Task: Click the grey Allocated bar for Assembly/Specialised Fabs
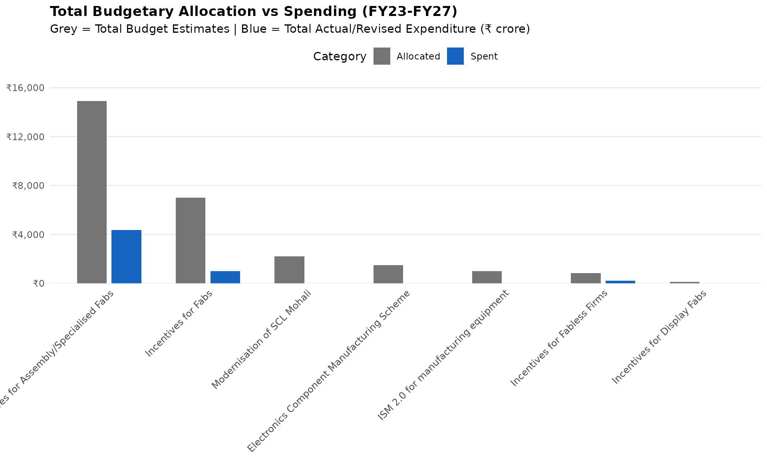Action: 92,192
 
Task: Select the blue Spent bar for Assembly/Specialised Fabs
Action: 126,256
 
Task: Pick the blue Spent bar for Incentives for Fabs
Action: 225,277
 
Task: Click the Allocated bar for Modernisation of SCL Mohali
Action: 289,270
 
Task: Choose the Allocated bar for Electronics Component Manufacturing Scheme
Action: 388,274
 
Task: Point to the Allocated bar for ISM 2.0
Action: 487,277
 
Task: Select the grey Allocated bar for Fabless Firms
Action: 586,278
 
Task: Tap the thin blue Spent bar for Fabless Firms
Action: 620,282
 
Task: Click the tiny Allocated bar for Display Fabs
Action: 684,282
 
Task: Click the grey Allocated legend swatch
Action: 382,56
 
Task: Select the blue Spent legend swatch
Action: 455,56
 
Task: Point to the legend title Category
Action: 340,57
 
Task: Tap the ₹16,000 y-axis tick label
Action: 25,88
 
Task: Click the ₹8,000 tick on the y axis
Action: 28,186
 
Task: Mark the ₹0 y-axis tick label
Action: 38,284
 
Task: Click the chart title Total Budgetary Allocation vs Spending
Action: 254,12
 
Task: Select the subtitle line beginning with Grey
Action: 290,29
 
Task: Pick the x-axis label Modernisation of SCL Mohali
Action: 261,339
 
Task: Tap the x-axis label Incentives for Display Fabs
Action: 659,337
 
